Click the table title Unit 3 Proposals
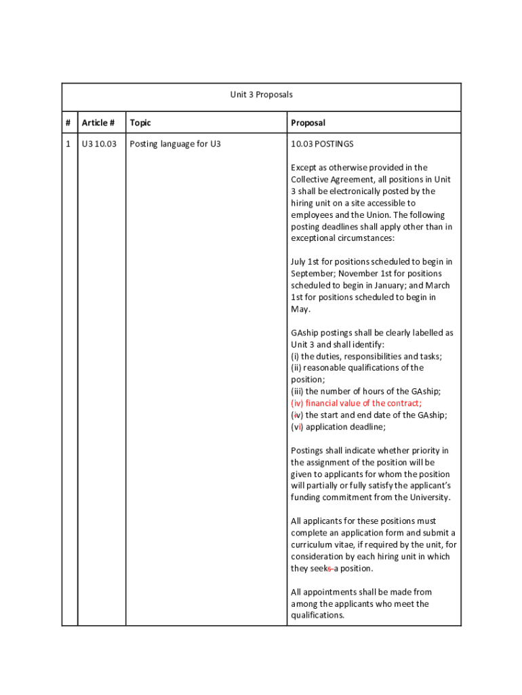tap(261, 94)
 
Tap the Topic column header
tap(140, 123)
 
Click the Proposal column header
tap(308, 123)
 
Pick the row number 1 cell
tap(68, 144)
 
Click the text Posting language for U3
tap(175, 144)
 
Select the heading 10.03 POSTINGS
tap(322, 144)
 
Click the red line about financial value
tap(356, 403)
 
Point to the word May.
tap(300, 309)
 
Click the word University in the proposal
tap(429, 497)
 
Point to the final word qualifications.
tap(317, 616)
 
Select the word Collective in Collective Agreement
tap(311, 179)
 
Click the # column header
tap(68, 123)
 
